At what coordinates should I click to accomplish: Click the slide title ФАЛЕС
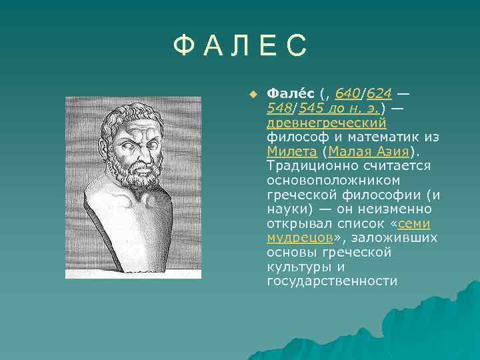(240, 46)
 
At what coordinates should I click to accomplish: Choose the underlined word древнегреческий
(327, 123)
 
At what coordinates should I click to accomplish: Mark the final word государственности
(332, 281)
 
